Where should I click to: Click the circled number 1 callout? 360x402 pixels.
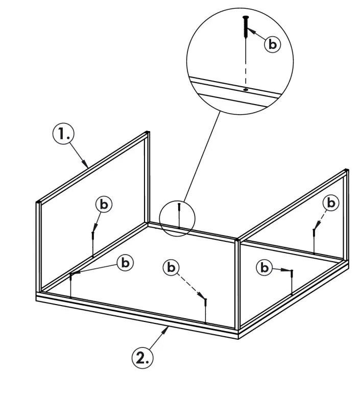tap(63, 135)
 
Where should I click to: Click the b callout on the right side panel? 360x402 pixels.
tap(331, 203)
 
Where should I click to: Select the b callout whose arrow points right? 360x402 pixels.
tap(264, 267)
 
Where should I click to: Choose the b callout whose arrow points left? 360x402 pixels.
tap(125, 263)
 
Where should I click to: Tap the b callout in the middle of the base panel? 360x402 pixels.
tap(172, 267)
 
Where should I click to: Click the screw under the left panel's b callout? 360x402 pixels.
tap(92, 236)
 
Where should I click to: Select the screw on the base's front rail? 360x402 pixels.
tap(205, 301)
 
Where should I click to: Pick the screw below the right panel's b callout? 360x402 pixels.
tap(314, 233)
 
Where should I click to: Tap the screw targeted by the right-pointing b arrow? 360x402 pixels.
tap(291, 273)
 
